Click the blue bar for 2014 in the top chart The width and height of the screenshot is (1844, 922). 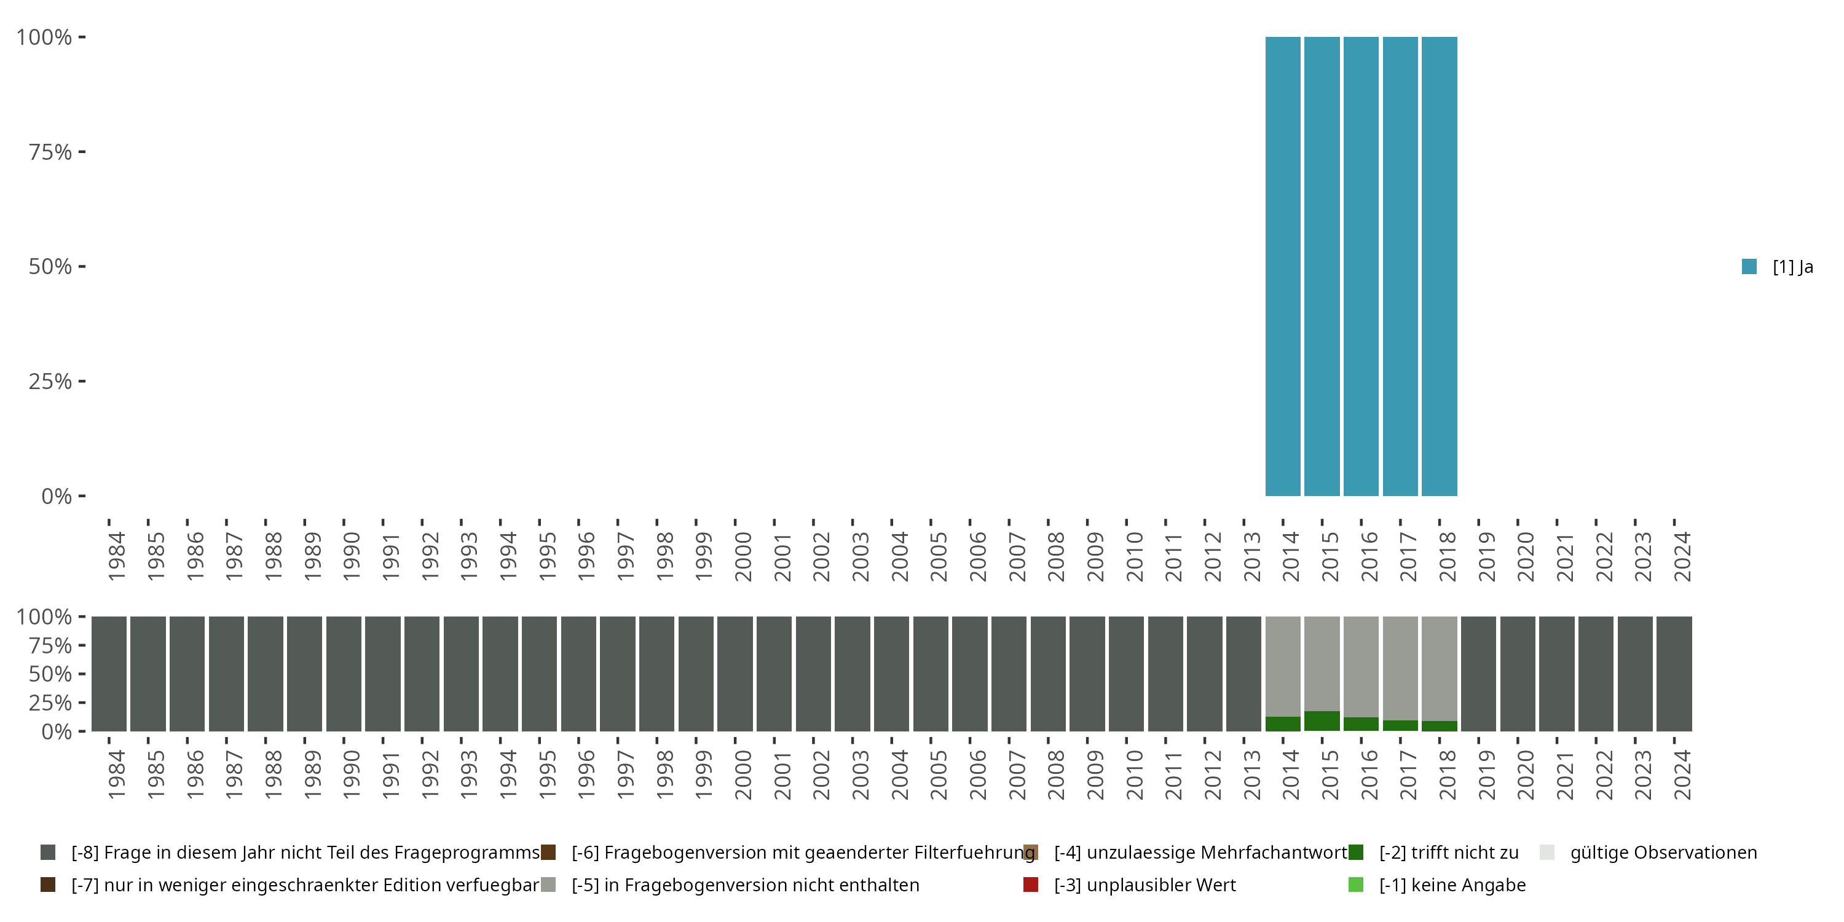point(1283,266)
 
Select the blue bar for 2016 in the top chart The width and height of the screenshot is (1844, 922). point(1361,266)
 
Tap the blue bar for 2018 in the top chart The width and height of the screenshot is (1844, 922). point(1439,266)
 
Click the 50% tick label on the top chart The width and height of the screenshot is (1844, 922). point(50,267)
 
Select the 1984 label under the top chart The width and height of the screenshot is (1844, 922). point(116,556)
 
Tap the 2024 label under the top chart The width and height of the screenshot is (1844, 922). point(1682,556)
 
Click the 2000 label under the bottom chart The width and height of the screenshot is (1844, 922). point(743,774)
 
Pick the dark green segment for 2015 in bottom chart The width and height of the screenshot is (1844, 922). point(1322,721)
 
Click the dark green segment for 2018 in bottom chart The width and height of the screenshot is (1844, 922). point(1439,726)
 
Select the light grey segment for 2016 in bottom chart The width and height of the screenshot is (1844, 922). point(1361,666)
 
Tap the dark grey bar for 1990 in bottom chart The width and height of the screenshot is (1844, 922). point(344,674)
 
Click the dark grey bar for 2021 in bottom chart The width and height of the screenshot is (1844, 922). point(1556,674)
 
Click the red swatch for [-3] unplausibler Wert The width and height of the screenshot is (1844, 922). point(1031,885)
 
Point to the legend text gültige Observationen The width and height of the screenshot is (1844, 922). point(1662,853)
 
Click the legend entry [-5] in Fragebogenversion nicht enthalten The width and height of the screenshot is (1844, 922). point(744,885)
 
